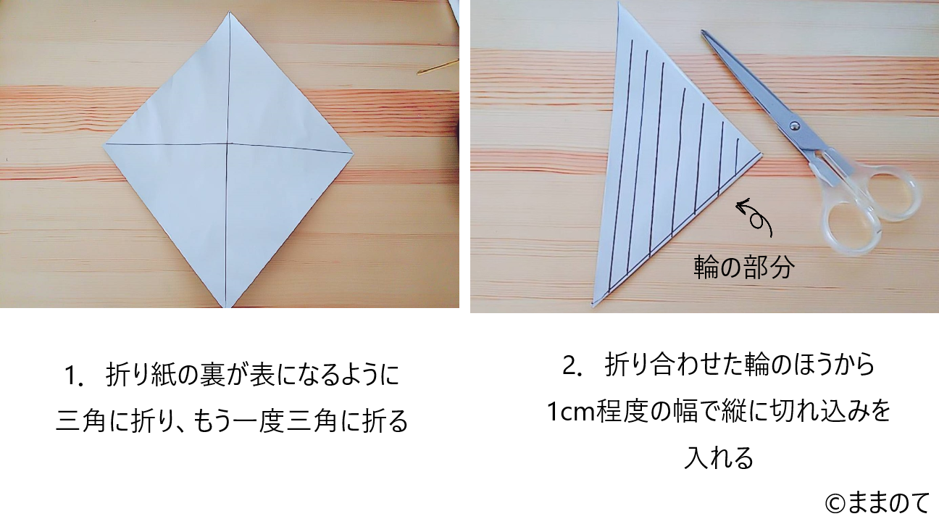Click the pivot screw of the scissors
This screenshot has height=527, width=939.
pyautogui.click(x=794, y=125)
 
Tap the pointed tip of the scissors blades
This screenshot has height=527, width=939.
pyautogui.click(x=702, y=31)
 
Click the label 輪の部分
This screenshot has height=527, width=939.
pyautogui.click(x=744, y=267)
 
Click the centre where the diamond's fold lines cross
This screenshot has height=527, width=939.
pyautogui.click(x=228, y=144)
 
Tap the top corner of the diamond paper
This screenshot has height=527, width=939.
pyautogui.click(x=229, y=12)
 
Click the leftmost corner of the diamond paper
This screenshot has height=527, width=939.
pyautogui.click(x=104, y=144)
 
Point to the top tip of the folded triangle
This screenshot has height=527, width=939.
pyautogui.click(x=619, y=4)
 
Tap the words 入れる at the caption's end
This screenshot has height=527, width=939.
pyautogui.click(x=719, y=458)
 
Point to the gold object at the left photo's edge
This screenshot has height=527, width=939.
pyautogui.click(x=437, y=67)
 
